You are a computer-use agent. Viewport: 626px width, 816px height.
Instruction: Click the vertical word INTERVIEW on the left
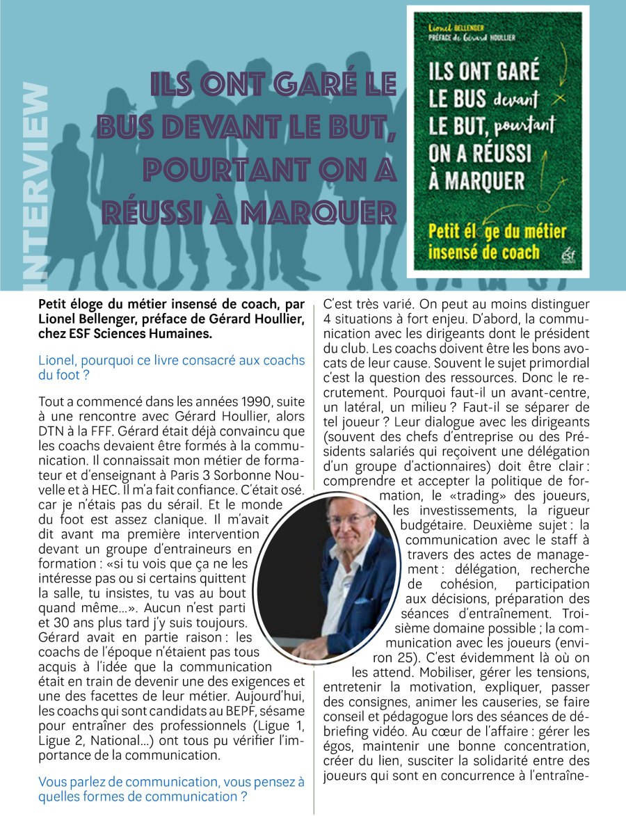tap(36, 184)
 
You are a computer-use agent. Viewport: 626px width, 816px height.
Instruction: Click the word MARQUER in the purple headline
tap(326, 210)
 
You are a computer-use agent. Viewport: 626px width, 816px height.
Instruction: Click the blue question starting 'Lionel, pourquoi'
tap(172, 367)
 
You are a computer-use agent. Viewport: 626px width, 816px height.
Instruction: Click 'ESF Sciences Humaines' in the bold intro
tap(143, 335)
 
